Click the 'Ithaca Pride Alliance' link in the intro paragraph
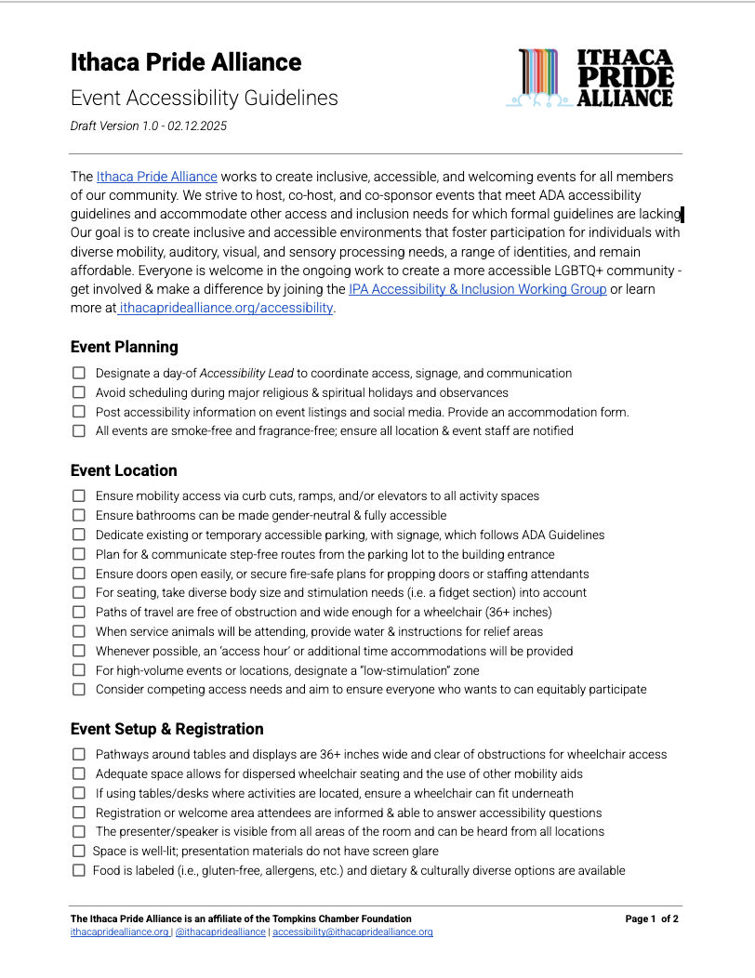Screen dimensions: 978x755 pyautogui.click(x=156, y=176)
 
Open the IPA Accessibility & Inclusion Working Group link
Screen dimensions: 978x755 pyautogui.click(x=477, y=289)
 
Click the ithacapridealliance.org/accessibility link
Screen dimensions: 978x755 pyautogui.click(x=225, y=308)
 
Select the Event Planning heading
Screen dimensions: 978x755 pyautogui.click(x=124, y=347)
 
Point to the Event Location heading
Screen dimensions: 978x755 pyautogui.click(x=124, y=470)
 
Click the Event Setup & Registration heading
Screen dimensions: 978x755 pyautogui.click(x=166, y=729)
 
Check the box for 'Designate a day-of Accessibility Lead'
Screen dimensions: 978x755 pyautogui.click(x=78, y=373)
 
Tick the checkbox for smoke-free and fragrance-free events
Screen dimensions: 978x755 pyautogui.click(x=78, y=431)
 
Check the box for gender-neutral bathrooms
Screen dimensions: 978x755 pyautogui.click(x=78, y=515)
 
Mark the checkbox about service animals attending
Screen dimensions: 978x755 pyautogui.click(x=78, y=631)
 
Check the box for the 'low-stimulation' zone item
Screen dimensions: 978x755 pyautogui.click(x=78, y=670)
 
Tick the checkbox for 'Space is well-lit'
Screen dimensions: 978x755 pyautogui.click(x=78, y=851)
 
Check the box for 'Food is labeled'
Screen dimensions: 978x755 pyautogui.click(x=78, y=870)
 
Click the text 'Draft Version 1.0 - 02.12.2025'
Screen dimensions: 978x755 pyautogui.click(x=149, y=126)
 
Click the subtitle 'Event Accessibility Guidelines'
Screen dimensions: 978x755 pyautogui.click(x=204, y=98)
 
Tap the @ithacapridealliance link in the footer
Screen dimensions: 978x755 pyautogui.click(x=220, y=932)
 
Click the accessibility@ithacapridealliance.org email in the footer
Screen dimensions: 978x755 pyautogui.click(x=352, y=932)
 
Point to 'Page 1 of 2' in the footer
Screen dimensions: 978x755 pyautogui.click(x=651, y=919)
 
